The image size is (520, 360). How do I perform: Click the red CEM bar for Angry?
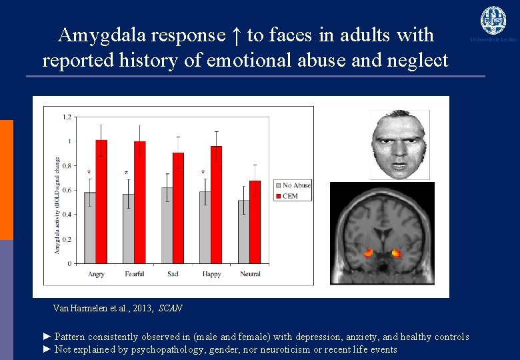pyautogui.click(x=101, y=201)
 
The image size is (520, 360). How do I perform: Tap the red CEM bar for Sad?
pyautogui.click(x=178, y=207)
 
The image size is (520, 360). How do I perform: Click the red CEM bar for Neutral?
pyautogui.click(x=255, y=221)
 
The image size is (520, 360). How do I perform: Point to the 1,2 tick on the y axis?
pyautogui.click(x=67, y=117)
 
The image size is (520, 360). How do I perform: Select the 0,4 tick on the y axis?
pyautogui.click(x=67, y=215)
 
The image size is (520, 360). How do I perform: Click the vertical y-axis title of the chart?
pyautogui.click(x=57, y=206)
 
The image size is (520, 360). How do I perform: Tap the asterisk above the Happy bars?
pyautogui.click(x=203, y=173)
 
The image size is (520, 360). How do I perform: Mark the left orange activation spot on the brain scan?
pyautogui.click(x=369, y=253)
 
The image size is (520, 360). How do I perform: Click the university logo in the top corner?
pyautogui.click(x=493, y=21)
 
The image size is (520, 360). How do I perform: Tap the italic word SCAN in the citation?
pyautogui.click(x=170, y=309)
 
